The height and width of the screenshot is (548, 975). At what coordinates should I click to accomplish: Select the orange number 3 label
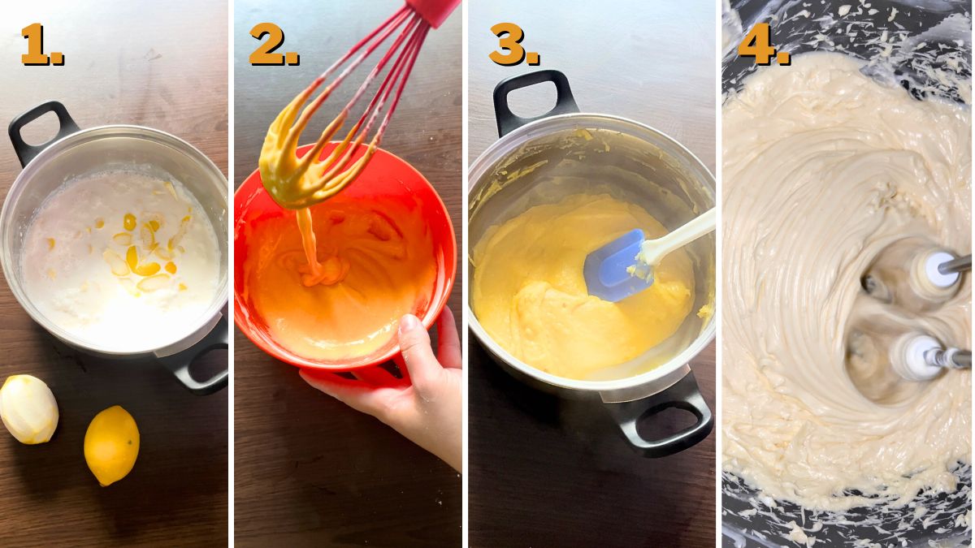(513, 45)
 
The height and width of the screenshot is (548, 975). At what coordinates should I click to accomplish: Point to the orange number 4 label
(762, 45)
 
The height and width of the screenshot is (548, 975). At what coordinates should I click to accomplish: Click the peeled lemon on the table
(28, 409)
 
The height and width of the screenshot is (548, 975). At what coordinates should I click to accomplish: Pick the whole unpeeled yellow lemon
(111, 445)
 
